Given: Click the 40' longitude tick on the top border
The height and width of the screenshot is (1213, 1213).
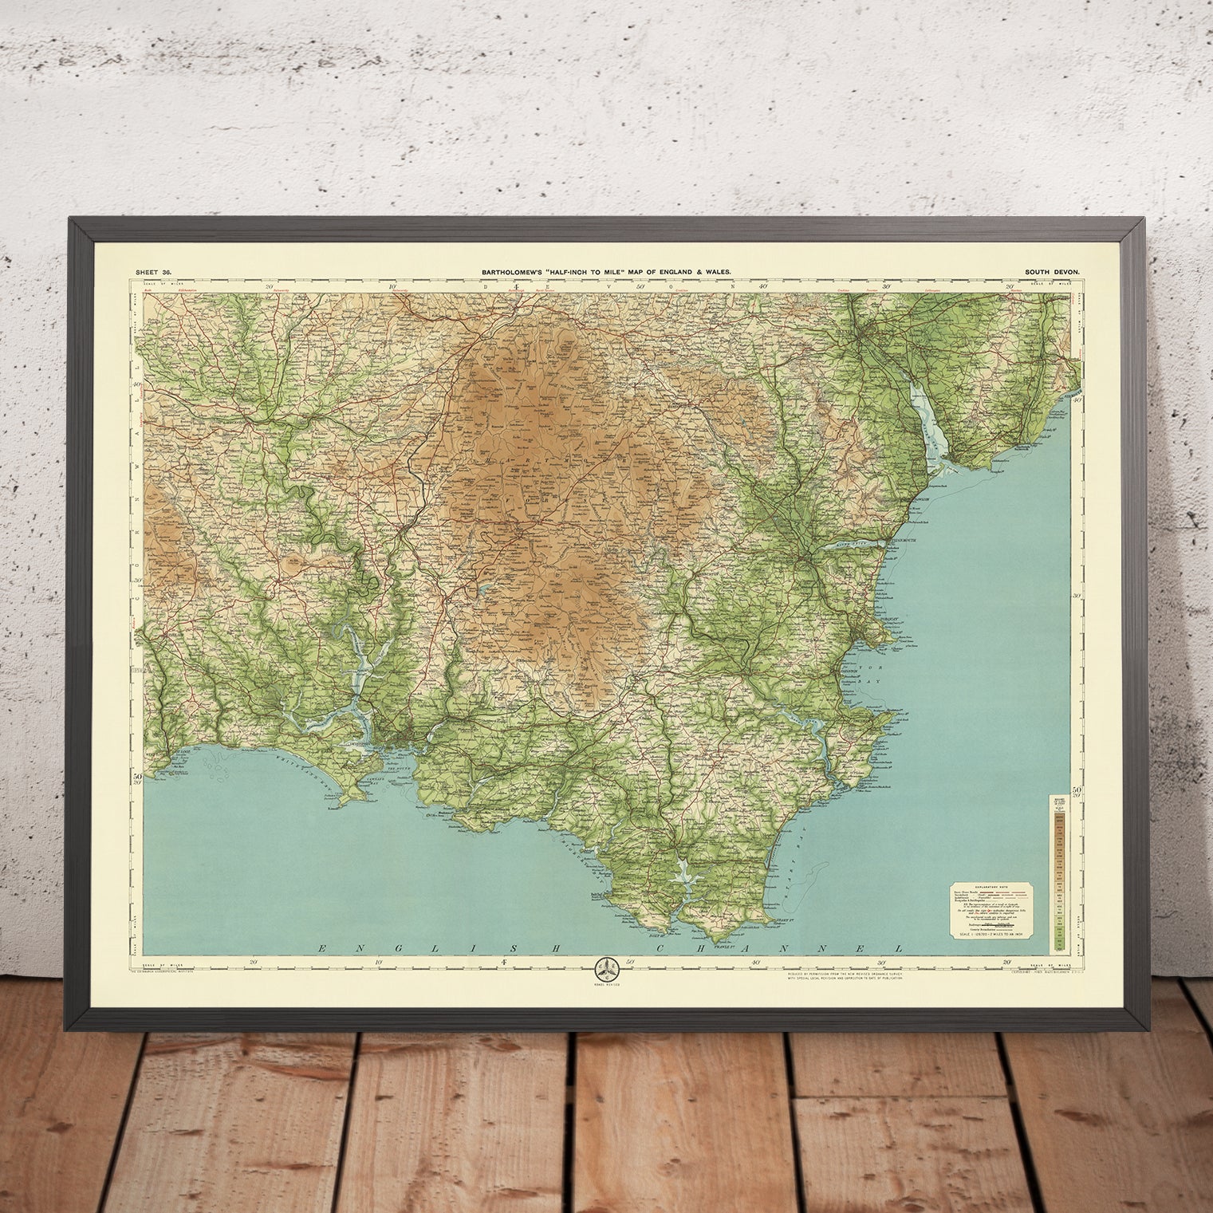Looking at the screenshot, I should tap(763, 286).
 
